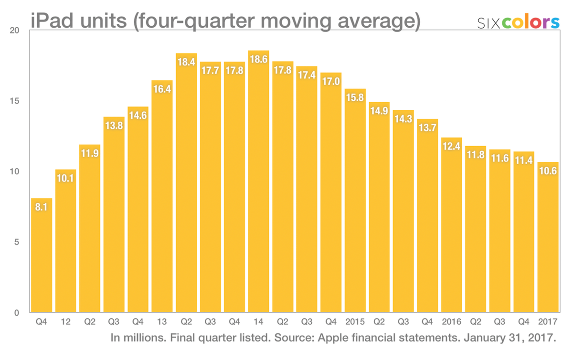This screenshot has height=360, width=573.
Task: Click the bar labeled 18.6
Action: tap(258, 181)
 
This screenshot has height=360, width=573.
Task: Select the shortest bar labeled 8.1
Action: tap(42, 255)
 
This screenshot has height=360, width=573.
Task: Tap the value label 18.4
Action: tap(186, 62)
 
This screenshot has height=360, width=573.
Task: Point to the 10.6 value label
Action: tap(548, 170)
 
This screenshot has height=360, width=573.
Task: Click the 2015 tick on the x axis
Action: tap(355, 321)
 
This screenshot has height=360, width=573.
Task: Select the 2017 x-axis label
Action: tap(548, 321)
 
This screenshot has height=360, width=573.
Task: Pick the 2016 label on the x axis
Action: tap(452, 321)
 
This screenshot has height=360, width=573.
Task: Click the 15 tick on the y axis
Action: tap(15, 101)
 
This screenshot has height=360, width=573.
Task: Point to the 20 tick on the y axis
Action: tap(15, 31)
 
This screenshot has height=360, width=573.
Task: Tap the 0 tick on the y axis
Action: tap(17, 313)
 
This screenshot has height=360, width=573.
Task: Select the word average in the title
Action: tap(379, 21)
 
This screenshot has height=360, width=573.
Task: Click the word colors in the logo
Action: tap(531, 22)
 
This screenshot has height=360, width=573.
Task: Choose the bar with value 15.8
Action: tap(355, 201)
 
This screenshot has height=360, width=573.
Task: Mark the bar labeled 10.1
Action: tap(66, 241)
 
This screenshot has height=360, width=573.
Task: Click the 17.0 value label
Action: tap(331, 81)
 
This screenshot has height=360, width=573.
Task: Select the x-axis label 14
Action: tap(258, 321)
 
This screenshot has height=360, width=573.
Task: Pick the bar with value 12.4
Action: tap(452, 225)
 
